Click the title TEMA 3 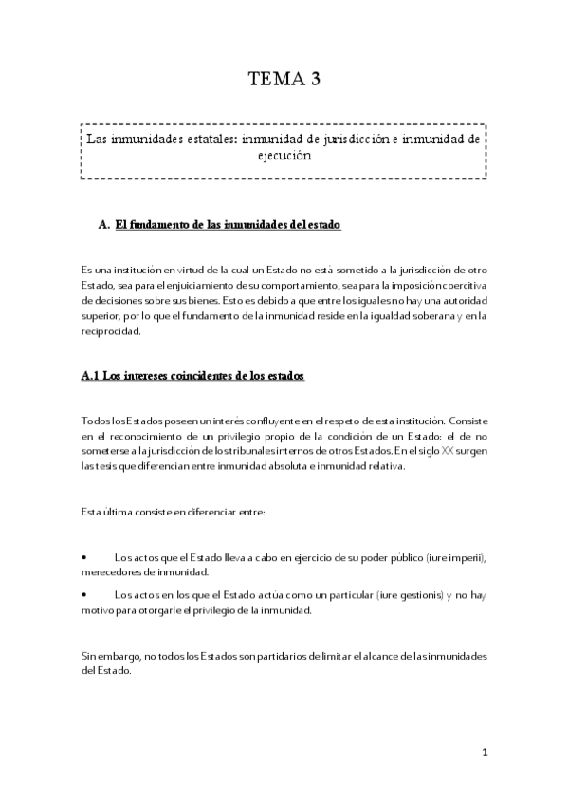point(284,81)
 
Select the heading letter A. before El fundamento point(104,225)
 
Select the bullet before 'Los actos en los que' point(85,595)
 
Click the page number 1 point(484,753)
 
